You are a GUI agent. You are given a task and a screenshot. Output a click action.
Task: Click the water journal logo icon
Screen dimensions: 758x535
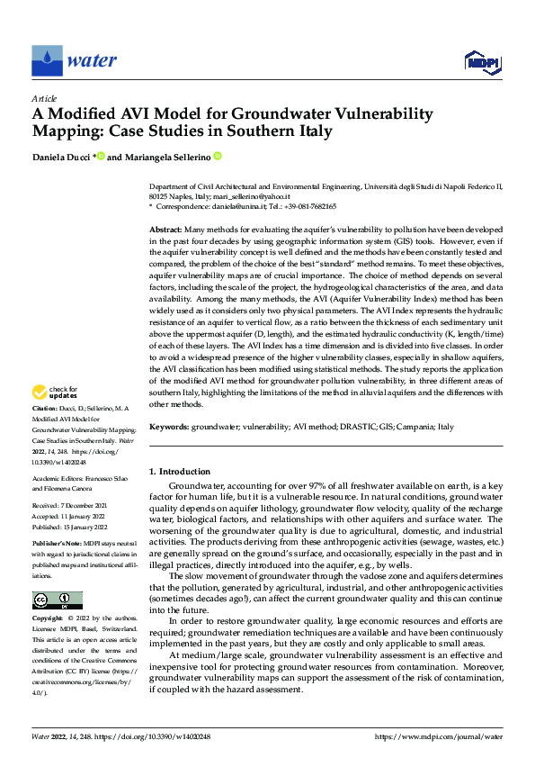46,60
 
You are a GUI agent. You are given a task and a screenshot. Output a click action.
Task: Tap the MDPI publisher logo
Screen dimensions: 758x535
481,60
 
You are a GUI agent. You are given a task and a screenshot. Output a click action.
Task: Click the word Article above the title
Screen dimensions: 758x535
44,97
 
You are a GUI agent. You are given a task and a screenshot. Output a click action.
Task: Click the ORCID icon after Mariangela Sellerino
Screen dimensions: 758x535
218,156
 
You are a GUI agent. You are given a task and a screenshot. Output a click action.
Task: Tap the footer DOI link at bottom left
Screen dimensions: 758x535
161,735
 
